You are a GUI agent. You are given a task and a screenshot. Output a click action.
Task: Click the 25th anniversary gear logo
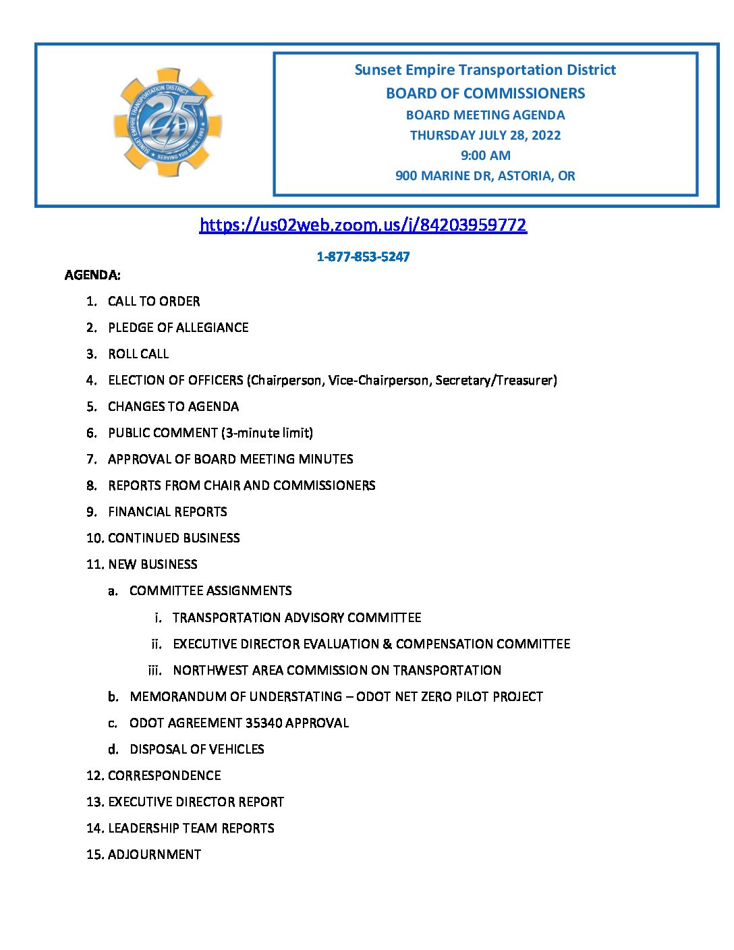tap(167, 122)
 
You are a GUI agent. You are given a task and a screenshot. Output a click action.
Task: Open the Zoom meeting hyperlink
tap(363, 225)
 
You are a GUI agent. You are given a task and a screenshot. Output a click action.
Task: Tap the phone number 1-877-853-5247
tap(363, 256)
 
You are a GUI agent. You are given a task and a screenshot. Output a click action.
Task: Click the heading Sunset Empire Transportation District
tap(485, 70)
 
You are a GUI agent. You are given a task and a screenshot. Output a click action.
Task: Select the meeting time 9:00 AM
tap(485, 155)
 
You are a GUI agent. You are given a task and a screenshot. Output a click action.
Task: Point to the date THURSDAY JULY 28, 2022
tap(485, 135)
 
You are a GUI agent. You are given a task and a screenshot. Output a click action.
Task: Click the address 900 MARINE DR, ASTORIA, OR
tap(485, 175)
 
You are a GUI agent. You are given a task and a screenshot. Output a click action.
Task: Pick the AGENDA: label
tap(92, 275)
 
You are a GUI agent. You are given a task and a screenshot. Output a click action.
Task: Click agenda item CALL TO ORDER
tap(154, 302)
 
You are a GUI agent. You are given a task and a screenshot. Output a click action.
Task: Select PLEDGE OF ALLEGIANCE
tap(178, 328)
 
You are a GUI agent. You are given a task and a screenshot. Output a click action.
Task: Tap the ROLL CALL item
tap(138, 354)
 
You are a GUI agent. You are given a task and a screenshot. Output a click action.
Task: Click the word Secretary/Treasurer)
tap(496, 381)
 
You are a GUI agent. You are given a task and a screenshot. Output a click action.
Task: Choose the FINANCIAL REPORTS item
tap(167, 512)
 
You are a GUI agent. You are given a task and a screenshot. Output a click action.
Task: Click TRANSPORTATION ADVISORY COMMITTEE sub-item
tap(297, 618)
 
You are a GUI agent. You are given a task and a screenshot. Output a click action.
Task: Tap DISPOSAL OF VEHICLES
tap(197, 750)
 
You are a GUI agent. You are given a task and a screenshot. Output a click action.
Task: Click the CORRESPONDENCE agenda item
tap(165, 776)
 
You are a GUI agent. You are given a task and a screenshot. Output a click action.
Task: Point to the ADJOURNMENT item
tap(154, 855)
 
